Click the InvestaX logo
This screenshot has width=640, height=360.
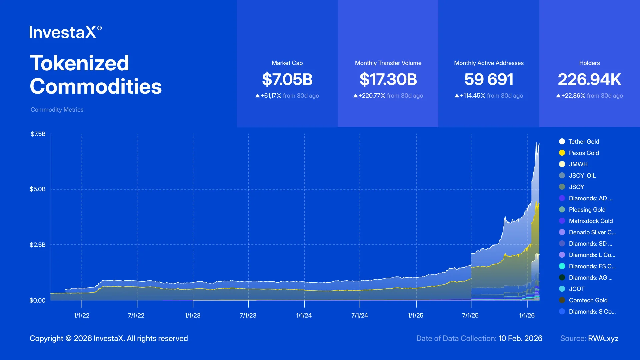click(x=65, y=32)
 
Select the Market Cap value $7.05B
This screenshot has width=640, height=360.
click(x=287, y=79)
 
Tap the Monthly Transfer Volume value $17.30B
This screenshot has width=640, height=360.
click(x=388, y=79)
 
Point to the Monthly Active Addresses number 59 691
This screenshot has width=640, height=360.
click(x=489, y=79)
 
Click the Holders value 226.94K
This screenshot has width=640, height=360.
click(x=589, y=79)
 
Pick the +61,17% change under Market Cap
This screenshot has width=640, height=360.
click(x=271, y=96)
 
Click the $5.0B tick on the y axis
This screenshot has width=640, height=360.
click(x=37, y=189)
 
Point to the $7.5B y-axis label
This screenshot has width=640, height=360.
click(x=38, y=134)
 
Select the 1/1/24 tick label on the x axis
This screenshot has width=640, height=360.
click(x=304, y=315)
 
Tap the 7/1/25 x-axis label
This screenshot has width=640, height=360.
click(x=470, y=315)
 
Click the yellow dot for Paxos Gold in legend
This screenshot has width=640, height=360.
click(x=562, y=153)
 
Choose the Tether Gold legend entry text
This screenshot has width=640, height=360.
click(x=584, y=142)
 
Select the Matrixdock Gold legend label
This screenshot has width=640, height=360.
click(x=591, y=221)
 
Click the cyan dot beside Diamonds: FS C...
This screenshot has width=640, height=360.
click(x=562, y=266)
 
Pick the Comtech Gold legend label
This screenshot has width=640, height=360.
click(x=588, y=300)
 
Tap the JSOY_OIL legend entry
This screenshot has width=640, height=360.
click(x=582, y=176)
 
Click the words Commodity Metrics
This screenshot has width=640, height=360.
click(x=57, y=110)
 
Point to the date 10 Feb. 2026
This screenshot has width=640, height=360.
click(x=520, y=338)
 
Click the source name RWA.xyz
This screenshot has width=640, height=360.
click(x=603, y=338)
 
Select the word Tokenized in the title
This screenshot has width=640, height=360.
click(x=79, y=63)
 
